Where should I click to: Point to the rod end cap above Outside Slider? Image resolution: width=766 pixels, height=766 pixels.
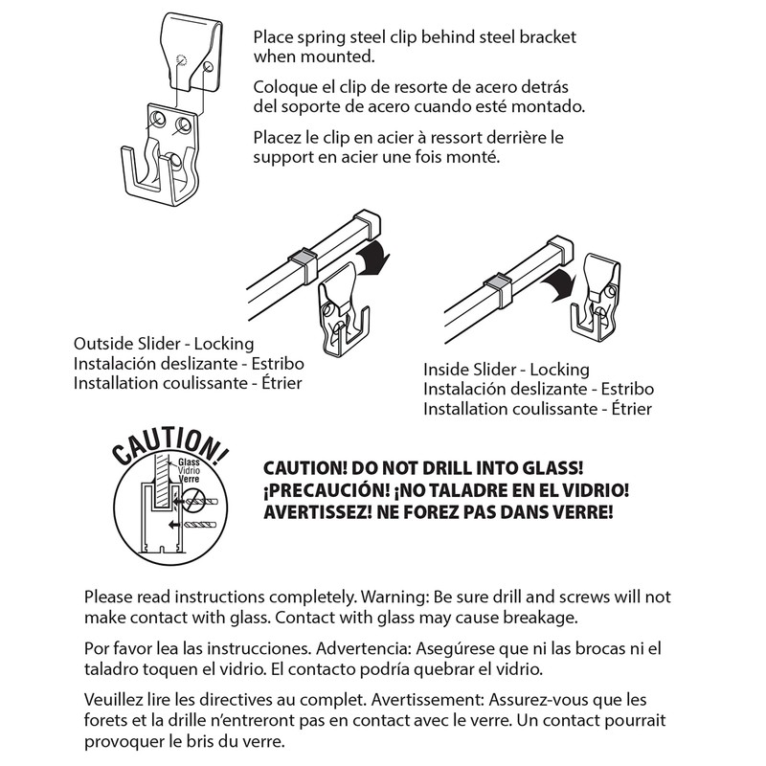(x=367, y=222)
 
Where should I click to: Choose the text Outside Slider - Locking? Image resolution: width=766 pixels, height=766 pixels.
(x=164, y=343)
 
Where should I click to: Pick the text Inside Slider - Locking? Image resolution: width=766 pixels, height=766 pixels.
(x=507, y=369)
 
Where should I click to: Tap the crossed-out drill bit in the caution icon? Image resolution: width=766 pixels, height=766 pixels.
(x=198, y=497)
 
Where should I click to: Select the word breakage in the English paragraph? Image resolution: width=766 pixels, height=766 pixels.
(x=542, y=617)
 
